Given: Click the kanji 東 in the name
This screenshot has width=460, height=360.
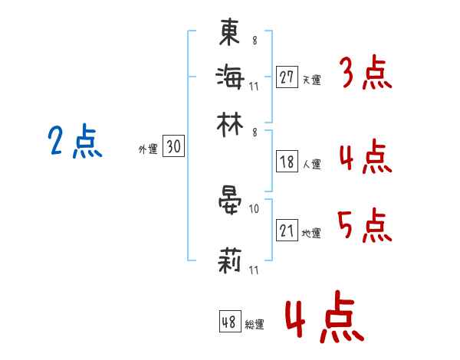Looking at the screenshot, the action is pos(229,31).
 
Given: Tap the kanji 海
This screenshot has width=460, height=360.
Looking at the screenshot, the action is pos(230,77).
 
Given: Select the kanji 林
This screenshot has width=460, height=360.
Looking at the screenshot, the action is pos(230,125).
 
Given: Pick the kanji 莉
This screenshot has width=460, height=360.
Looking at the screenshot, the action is pos(230,260).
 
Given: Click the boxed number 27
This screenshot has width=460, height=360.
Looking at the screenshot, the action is pos(287,77).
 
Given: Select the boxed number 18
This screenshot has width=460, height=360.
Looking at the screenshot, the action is pos(287,162).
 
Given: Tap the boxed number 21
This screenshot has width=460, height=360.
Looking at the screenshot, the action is pos(287,230).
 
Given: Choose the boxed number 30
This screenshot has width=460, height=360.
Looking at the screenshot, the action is pos(173,146).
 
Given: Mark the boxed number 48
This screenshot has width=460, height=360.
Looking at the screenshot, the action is pos(230,321).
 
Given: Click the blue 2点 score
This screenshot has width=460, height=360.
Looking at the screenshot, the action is pos(75,141).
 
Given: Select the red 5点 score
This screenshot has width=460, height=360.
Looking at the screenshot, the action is pos(365,225).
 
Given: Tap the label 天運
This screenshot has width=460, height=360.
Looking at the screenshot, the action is pos(311,80).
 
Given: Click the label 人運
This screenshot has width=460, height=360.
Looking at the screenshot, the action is pos(311,164).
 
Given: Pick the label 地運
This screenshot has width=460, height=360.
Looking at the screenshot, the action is pos(311,233).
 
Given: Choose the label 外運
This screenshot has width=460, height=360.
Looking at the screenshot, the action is pos(148,149).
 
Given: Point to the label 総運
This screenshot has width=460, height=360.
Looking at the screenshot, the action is pos(255,324).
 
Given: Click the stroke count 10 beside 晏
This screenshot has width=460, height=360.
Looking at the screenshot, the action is pos(254,209).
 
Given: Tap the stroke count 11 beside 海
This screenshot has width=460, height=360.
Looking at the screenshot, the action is pos(254,87).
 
